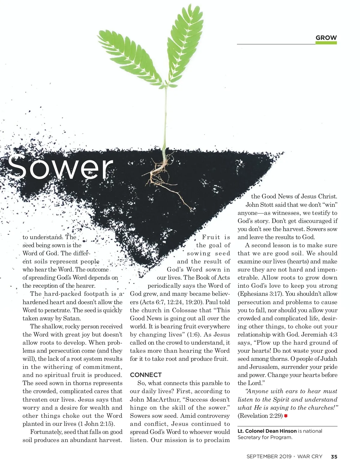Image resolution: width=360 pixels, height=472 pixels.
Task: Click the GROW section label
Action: coord(326,38)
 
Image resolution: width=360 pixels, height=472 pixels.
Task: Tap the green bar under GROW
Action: coord(326,43)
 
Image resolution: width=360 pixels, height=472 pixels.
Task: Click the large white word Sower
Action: coord(60,167)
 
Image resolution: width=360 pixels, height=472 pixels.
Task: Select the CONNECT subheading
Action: coord(146,375)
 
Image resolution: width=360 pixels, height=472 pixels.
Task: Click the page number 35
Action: coord(334,457)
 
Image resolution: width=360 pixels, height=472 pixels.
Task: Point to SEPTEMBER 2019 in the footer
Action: coord(269,457)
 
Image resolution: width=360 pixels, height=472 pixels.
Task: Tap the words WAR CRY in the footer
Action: coord(310,457)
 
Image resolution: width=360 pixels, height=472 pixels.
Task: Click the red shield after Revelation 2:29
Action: coord(286,416)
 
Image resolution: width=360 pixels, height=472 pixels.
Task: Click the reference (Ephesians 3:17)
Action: coord(257,294)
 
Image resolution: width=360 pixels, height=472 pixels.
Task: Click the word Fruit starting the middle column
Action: coord(211,237)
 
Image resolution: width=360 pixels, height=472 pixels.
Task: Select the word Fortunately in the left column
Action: coord(46,432)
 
